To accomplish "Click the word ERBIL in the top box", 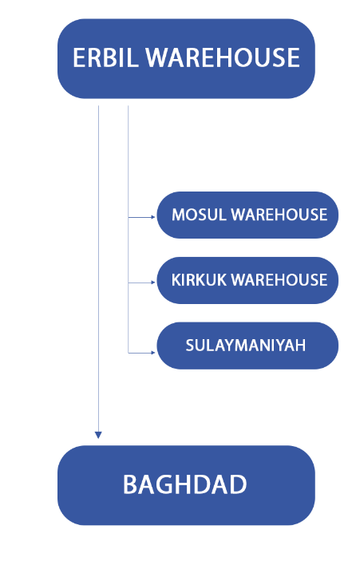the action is tap(105, 57).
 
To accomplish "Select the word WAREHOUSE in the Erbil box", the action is tap(223, 57).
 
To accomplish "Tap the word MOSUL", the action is tap(199, 215).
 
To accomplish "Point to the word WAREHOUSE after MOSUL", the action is tap(279, 215).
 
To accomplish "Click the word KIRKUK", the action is tap(199, 280).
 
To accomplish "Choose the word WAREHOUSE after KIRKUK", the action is tap(279, 280).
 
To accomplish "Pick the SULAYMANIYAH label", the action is tap(246, 346).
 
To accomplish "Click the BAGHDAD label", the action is tap(185, 484).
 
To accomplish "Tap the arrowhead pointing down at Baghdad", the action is tap(98, 435).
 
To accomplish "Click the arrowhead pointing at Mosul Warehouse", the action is tap(153, 217).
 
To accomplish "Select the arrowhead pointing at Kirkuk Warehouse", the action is tap(153, 282).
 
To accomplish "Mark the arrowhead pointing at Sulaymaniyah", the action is tap(153, 353).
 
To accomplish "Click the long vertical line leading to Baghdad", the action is tap(98, 268).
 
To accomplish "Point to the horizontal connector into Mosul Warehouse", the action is tap(140, 217).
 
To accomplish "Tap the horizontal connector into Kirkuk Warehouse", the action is tap(140, 282).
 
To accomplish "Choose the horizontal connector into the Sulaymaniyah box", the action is tap(140, 353).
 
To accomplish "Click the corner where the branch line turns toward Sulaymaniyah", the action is tap(129, 353).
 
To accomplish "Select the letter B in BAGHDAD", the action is tap(130, 484).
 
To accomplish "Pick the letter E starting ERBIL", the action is tap(79, 57).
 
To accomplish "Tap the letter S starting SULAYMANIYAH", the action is tap(190, 346).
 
